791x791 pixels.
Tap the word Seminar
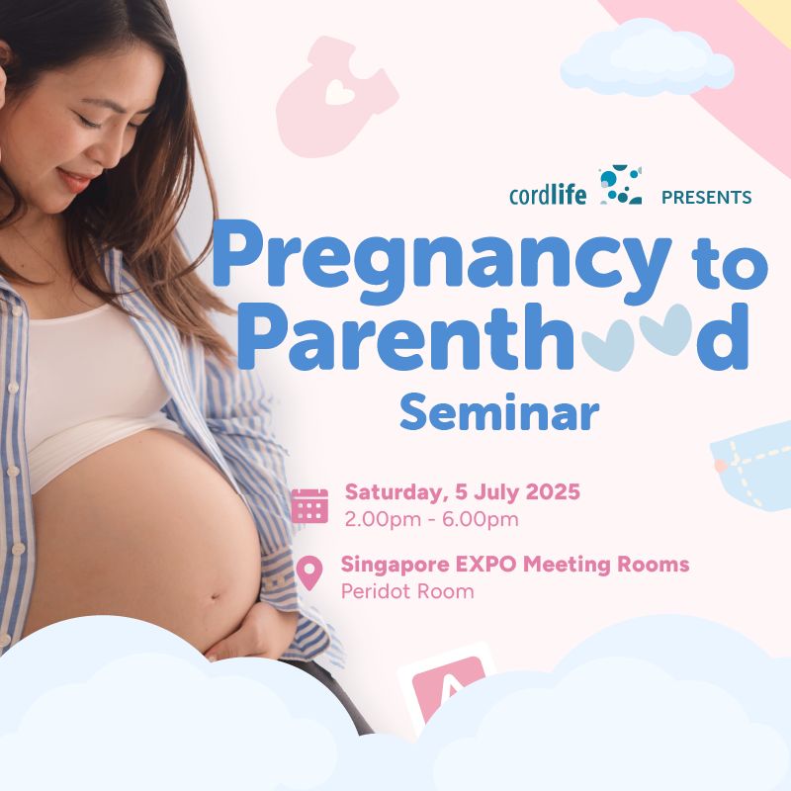(499, 412)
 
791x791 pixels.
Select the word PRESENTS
(706, 197)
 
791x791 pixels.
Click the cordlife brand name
(548, 195)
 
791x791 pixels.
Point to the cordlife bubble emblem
(621, 185)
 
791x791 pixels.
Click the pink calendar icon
(309, 505)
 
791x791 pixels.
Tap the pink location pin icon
(309, 573)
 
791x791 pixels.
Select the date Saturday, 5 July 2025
(462, 491)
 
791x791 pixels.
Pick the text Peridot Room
(407, 591)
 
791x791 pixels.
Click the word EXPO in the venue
(486, 564)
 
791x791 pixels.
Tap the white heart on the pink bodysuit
(339, 93)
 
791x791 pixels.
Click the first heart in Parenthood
(607, 346)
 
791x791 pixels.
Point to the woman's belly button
(216, 598)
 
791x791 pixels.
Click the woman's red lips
(74, 180)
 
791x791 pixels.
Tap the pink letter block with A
(447, 686)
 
